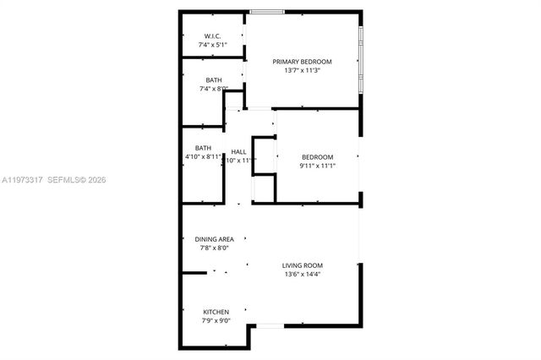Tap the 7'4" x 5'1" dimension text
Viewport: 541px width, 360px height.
[213, 44]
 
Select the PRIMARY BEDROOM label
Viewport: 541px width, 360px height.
[302, 62]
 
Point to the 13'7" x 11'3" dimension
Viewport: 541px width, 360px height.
[302, 71]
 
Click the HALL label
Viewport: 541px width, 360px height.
[238, 151]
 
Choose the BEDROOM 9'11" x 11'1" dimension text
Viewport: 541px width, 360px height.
[318, 166]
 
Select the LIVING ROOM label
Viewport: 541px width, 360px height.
[302, 265]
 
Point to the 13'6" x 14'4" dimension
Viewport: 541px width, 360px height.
[302, 274]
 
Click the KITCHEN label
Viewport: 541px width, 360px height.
[216, 312]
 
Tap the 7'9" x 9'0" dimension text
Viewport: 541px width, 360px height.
[216, 320]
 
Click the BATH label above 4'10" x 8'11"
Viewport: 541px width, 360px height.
[203, 148]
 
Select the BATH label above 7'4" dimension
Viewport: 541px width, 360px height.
[213, 80]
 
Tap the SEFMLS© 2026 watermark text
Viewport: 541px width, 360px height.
[78, 180]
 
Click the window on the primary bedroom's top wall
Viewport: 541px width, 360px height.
[266, 12]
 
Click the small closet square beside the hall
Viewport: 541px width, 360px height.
[264, 188]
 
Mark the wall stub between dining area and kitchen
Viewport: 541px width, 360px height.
[194, 272]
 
